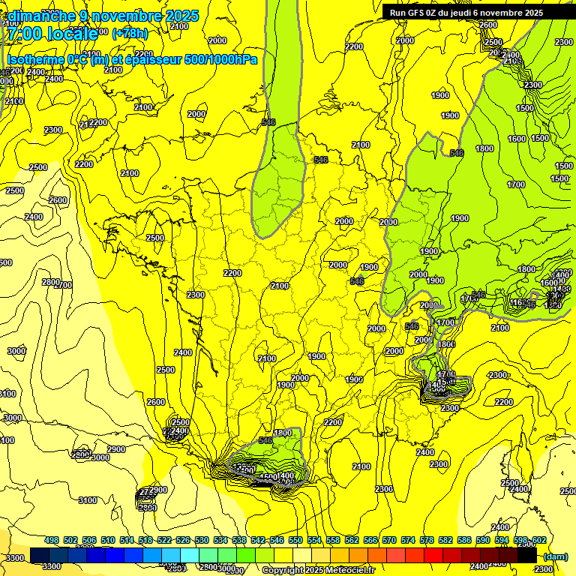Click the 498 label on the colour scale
52,540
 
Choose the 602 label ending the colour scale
539,540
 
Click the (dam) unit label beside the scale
556,556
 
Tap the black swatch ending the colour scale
527,556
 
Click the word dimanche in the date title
42,16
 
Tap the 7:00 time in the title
23,34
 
